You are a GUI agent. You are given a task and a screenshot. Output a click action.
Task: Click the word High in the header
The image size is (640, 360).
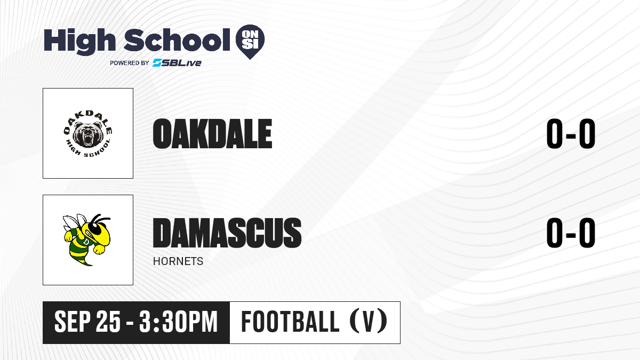[x=79, y=42]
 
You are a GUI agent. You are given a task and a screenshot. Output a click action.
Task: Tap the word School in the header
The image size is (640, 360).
[x=177, y=40]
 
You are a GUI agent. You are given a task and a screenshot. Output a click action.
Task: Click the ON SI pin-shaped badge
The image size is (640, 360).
[x=250, y=42]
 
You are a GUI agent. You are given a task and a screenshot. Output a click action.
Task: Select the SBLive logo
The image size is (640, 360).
[x=177, y=62]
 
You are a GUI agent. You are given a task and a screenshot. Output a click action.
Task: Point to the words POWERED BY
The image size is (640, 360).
[x=130, y=63]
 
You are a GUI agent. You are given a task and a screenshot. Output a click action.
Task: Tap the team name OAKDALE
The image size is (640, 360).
[x=213, y=134]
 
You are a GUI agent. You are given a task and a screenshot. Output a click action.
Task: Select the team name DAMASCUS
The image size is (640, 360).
[x=227, y=233]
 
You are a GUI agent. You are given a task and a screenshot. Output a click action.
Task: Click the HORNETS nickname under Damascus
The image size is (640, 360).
[x=178, y=261]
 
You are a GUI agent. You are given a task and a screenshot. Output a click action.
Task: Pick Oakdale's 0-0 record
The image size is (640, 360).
[x=571, y=134]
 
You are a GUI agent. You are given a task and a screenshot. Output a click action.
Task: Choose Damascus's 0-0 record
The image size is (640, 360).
[x=571, y=233]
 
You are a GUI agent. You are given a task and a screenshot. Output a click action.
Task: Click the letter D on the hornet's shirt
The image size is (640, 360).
[x=86, y=242]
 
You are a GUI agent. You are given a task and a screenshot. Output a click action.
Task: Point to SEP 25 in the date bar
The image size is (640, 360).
[x=87, y=322]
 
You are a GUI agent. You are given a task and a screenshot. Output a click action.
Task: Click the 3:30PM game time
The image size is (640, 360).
[x=179, y=322]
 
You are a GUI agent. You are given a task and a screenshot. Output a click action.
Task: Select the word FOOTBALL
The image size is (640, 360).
[x=290, y=322]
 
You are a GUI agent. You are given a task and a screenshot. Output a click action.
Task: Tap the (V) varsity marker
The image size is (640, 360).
[x=369, y=322]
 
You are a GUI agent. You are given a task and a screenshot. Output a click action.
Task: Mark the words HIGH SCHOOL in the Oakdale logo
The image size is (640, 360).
[x=89, y=149]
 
